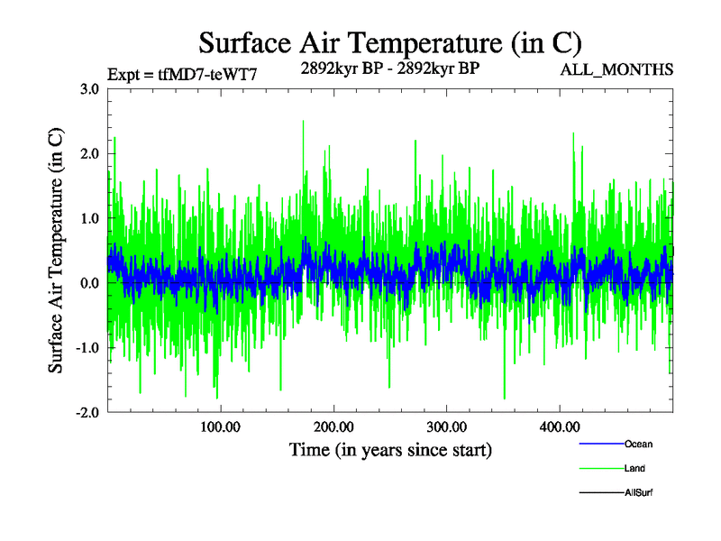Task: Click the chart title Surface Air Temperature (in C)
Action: click(x=389, y=42)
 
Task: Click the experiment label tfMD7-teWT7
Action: click(x=183, y=74)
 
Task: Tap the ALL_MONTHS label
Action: click(x=616, y=69)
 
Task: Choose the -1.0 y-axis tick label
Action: click(x=87, y=348)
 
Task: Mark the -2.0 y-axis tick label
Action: click(x=87, y=412)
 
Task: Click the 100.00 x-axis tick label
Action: click(x=220, y=426)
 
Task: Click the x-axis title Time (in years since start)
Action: click(x=390, y=448)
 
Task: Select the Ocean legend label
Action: click(x=638, y=445)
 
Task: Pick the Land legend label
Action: click(x=634, y=469)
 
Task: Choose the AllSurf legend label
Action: click(x=638, y=492)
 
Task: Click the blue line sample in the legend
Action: click(x=600, y=445)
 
